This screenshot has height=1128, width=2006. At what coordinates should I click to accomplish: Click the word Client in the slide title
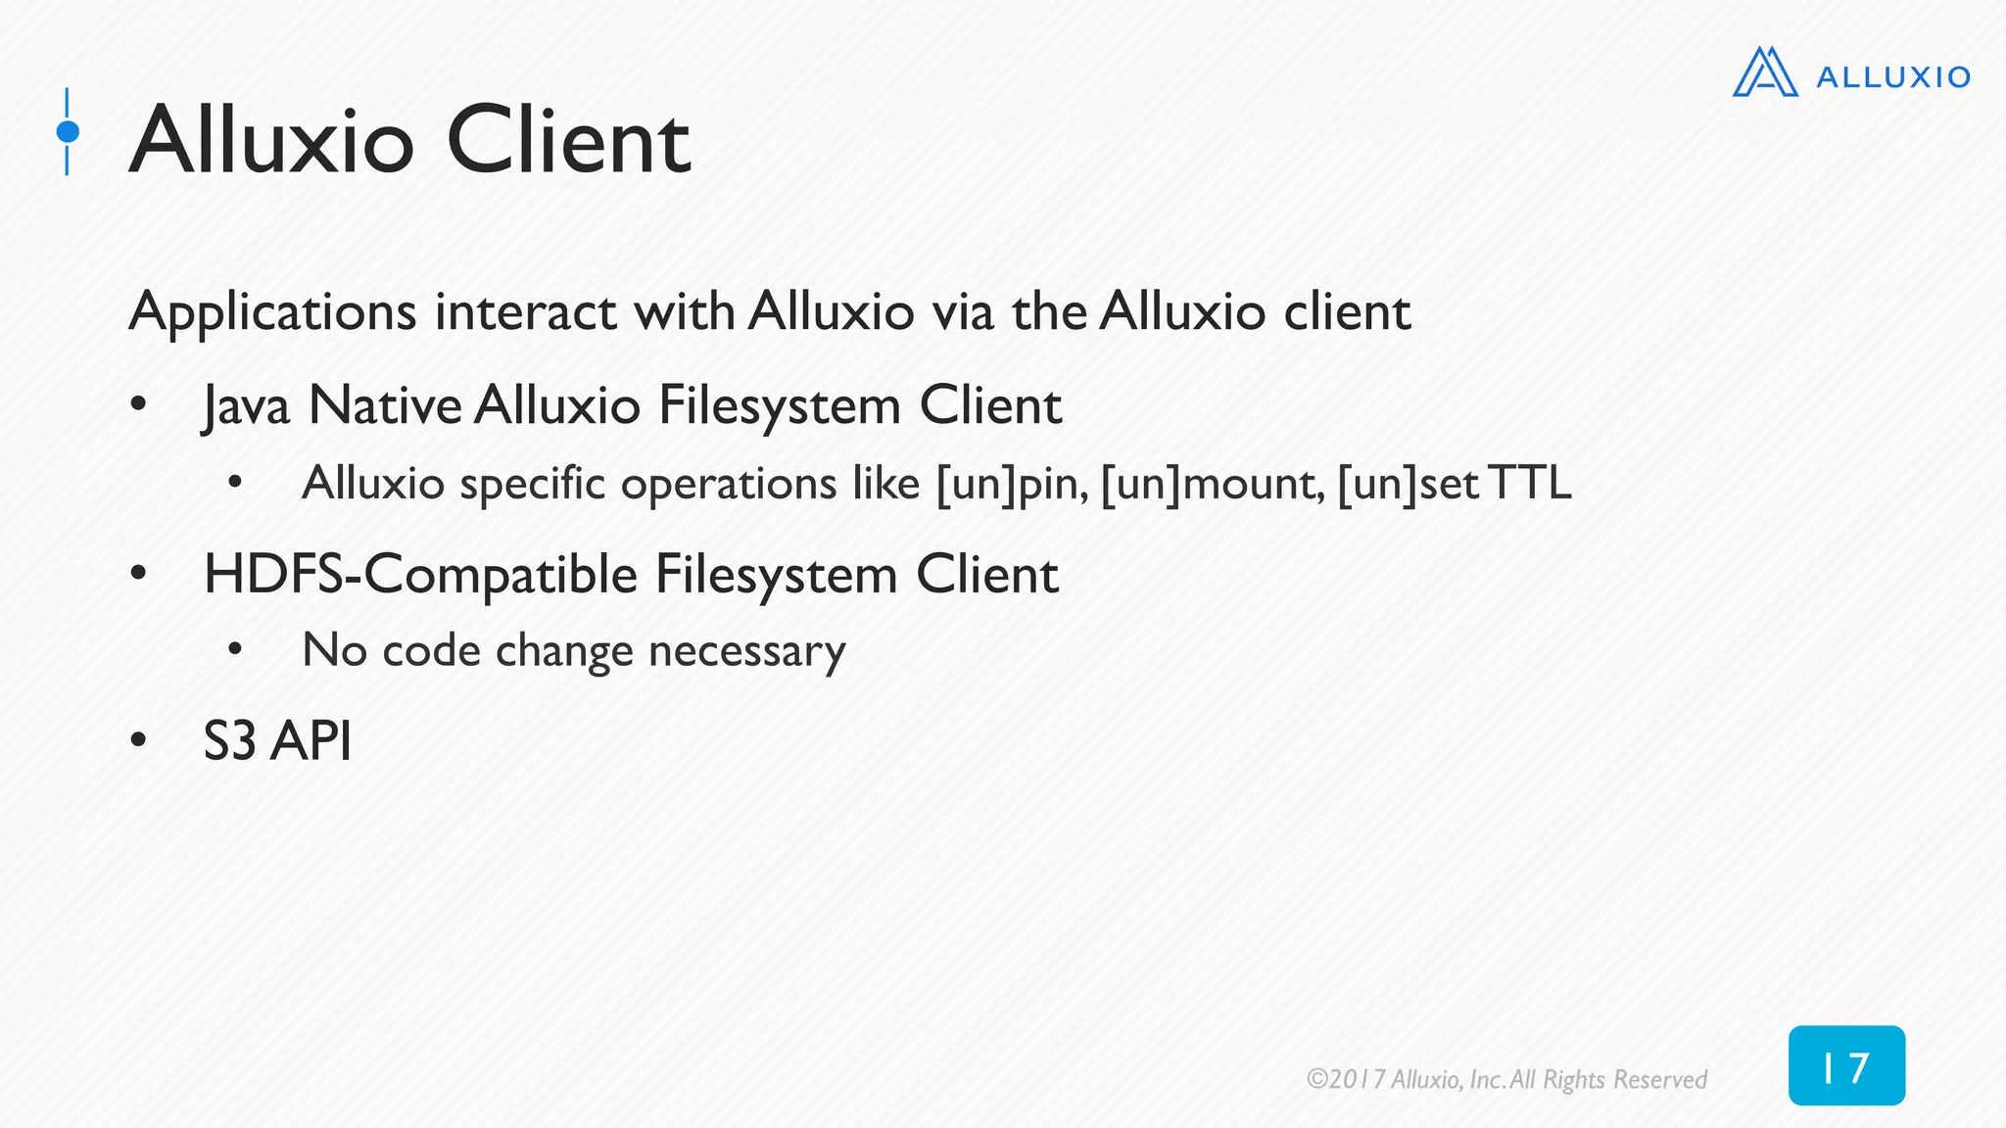coord(568,142)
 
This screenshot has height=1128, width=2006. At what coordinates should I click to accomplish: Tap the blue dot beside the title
coord(68,131)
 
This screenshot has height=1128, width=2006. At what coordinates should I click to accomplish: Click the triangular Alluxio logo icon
coord(1765,72)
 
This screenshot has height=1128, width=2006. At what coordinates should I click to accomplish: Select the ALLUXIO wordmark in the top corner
coord(1892,77)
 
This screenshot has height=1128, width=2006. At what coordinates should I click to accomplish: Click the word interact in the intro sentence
coord(526,312)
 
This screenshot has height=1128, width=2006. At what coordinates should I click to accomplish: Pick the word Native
coord(385,405)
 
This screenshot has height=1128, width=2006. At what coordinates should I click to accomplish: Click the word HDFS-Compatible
coord(420,575)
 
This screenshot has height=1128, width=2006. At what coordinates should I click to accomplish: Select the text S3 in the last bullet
coord(229,741)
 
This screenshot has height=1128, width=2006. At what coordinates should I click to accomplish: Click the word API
coord(310,741)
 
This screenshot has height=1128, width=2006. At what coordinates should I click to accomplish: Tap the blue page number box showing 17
coord(1846,1066)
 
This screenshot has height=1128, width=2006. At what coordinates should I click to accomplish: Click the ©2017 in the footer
coord(1346,1079)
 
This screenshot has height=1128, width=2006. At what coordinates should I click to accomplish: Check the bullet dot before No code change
coord(234,649)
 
